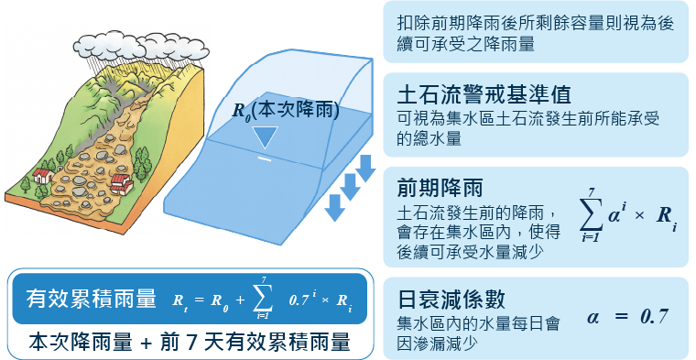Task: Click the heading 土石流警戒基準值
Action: (x=485, y=95)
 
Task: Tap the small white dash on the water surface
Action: (x=264, y=158)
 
